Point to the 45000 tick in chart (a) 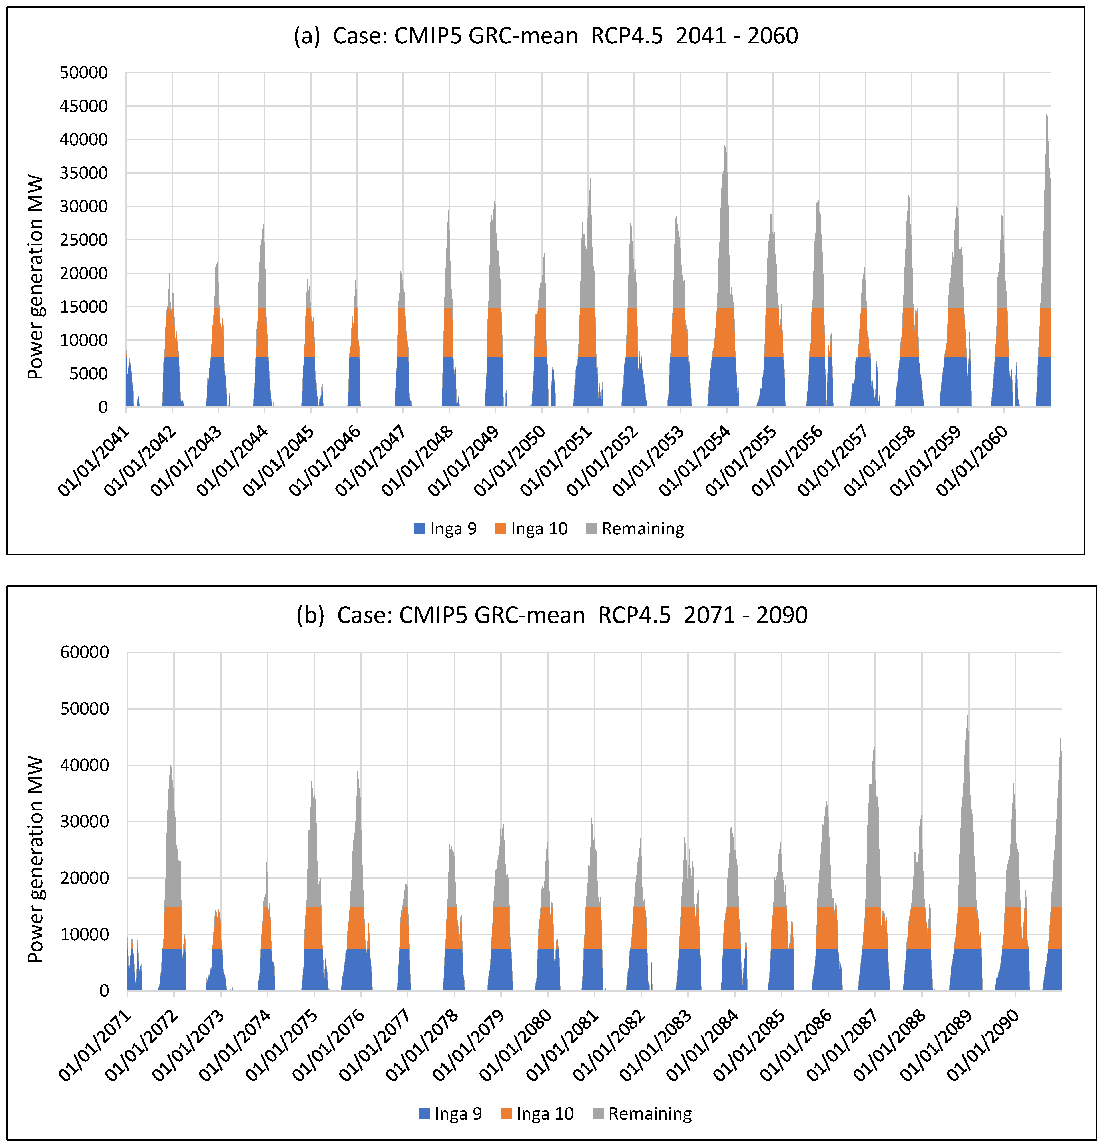tap(83, 106)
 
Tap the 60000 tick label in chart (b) tap(85, 653)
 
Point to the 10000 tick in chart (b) tap(85, 935)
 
